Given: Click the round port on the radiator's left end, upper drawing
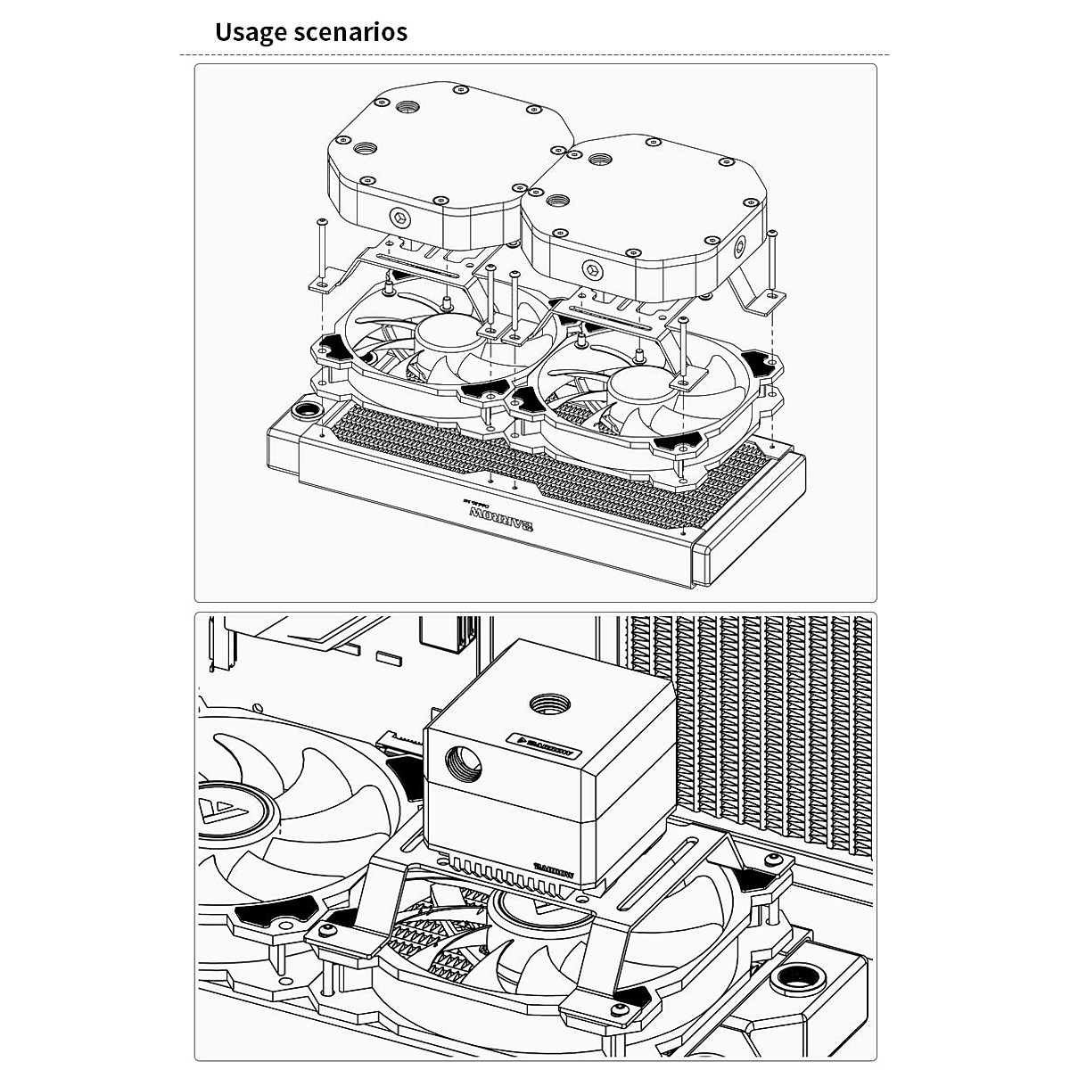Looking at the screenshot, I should (305, 412).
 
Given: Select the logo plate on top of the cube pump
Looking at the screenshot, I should (545, 745).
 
